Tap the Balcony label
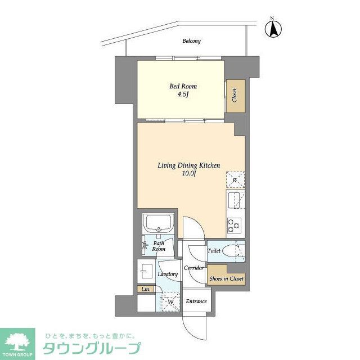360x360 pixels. pos(191,41)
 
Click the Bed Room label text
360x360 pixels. pos(184,86)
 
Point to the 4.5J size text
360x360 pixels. pos(184,95)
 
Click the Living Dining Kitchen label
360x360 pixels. pos(188,165)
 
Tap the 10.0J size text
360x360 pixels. pos(188,173)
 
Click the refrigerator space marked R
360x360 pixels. pos(235,179)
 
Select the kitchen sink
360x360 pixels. pos(235,200)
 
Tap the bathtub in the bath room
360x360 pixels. pos(160,224)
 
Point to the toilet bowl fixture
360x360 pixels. pos(231,251)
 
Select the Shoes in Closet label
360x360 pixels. pos(226,278)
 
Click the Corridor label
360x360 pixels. pos(193,268)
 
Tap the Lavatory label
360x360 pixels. pos(168,274)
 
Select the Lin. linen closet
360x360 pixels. pos(146,289)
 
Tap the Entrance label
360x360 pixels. pos(196,301)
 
